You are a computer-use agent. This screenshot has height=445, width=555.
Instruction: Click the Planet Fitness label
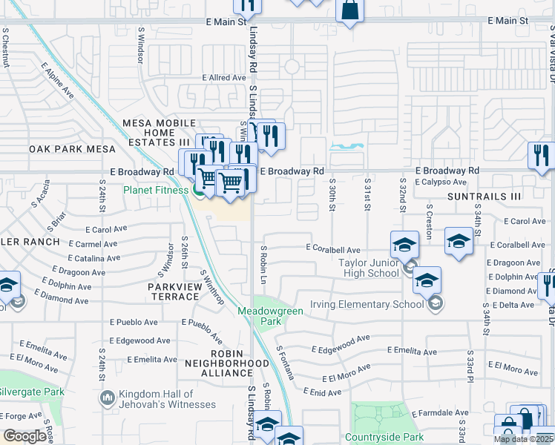pyautogui.click(x=157, y=190)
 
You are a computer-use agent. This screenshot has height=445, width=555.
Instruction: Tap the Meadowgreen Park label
pyautogui.click(x=270, y=316)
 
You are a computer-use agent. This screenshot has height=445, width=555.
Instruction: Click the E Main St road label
pyautogui.click(x=226, y=22)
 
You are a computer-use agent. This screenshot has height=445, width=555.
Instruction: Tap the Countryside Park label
pyautogui.click(x=384, y=438)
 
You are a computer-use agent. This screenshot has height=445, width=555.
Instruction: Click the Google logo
pyautogui.click(x=25, y=436)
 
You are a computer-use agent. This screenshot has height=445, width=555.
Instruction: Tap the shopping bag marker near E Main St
pyautogui.click(x=349, y=10)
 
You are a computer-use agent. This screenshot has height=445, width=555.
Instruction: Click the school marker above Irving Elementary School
pyautogui.click(x=427, y=280)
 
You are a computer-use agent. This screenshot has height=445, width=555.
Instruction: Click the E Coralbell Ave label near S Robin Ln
pyautogui.click(x=333, y=250)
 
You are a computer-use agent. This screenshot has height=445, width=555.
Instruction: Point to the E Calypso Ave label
pyautogui.click(x=441, y=182)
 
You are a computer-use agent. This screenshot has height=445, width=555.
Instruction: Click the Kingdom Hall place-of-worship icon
pyautogui.click(x=108, y=399)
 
